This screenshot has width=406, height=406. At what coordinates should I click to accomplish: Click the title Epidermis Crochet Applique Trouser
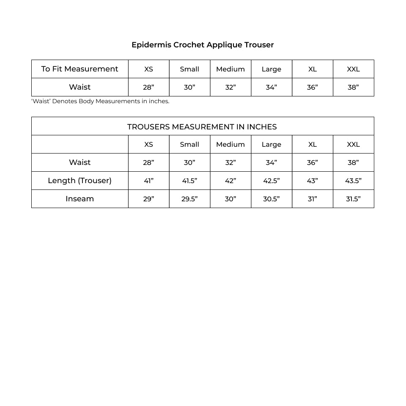pos(203,45)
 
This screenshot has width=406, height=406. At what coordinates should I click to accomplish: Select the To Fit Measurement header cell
pos(80,69)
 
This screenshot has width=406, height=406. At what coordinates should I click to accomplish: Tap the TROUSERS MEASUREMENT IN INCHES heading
pos(202,126)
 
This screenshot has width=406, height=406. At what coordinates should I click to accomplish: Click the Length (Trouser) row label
pos(80,181)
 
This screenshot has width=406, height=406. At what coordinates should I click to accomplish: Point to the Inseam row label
pos(80,199)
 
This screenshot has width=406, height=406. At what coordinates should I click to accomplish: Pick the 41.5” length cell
pos(189,181)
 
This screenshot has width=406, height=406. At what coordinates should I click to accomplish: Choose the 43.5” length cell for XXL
pos(353,181)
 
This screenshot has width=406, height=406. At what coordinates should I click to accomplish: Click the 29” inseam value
pos(148,199)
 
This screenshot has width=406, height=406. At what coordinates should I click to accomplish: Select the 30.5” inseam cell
pos(271,199)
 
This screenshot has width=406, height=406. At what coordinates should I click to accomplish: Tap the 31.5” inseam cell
pos(353,199)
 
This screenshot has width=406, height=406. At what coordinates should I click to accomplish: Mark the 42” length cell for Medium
pos(230,181)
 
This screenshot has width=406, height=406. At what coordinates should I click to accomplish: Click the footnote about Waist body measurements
pos(100,101)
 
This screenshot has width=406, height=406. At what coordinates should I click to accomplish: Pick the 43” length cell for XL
pos(312,181)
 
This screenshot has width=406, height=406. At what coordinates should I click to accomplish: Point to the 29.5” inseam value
pos(189,199)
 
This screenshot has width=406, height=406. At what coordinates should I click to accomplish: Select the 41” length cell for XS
pos(148,181)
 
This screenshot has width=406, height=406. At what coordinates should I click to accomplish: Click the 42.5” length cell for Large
pos(271,181)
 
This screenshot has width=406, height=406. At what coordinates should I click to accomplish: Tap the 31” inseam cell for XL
pos(312,199)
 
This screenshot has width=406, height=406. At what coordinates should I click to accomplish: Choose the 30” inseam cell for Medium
pos(230,199)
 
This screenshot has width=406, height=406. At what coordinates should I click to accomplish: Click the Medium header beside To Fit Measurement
pos(230,69)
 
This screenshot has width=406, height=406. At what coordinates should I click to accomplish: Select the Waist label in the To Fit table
pos(80,87)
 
